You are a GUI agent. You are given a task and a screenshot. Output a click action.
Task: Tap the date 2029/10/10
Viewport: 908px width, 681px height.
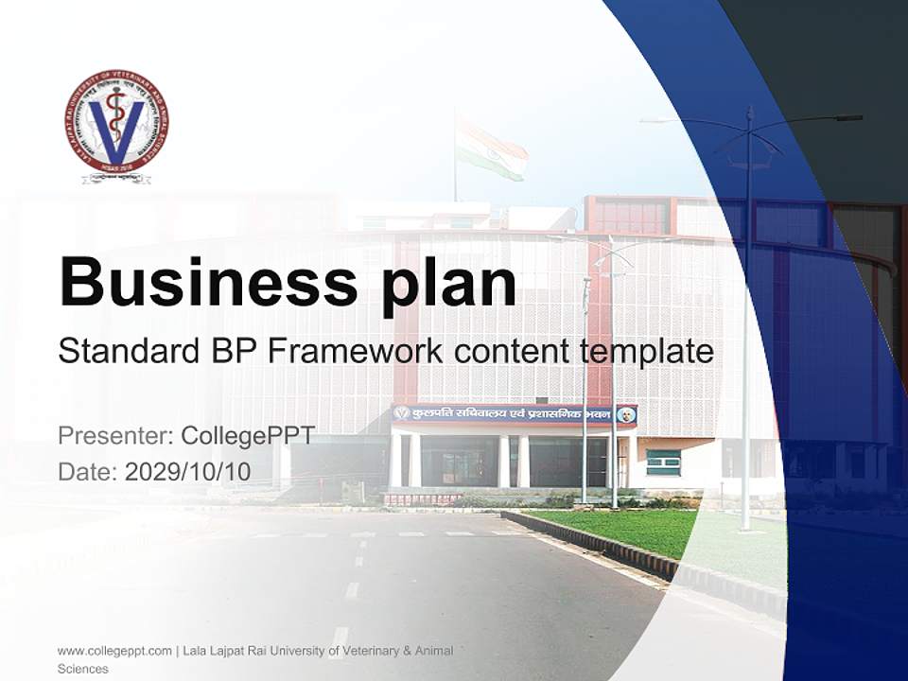click(x=188, y=472)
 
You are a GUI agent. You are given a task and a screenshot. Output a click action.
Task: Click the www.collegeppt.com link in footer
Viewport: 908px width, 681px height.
click(x=114, y=651)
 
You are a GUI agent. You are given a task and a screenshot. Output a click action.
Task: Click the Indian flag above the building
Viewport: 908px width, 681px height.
click(x=490, y=147)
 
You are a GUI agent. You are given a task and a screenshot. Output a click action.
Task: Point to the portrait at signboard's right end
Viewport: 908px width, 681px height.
click(x=624, y=414)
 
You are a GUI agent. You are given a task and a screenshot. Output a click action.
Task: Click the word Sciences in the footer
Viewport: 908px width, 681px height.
click(x=82, y=669)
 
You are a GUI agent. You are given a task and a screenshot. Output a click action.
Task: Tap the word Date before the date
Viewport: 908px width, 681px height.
click(x=87, y=472)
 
